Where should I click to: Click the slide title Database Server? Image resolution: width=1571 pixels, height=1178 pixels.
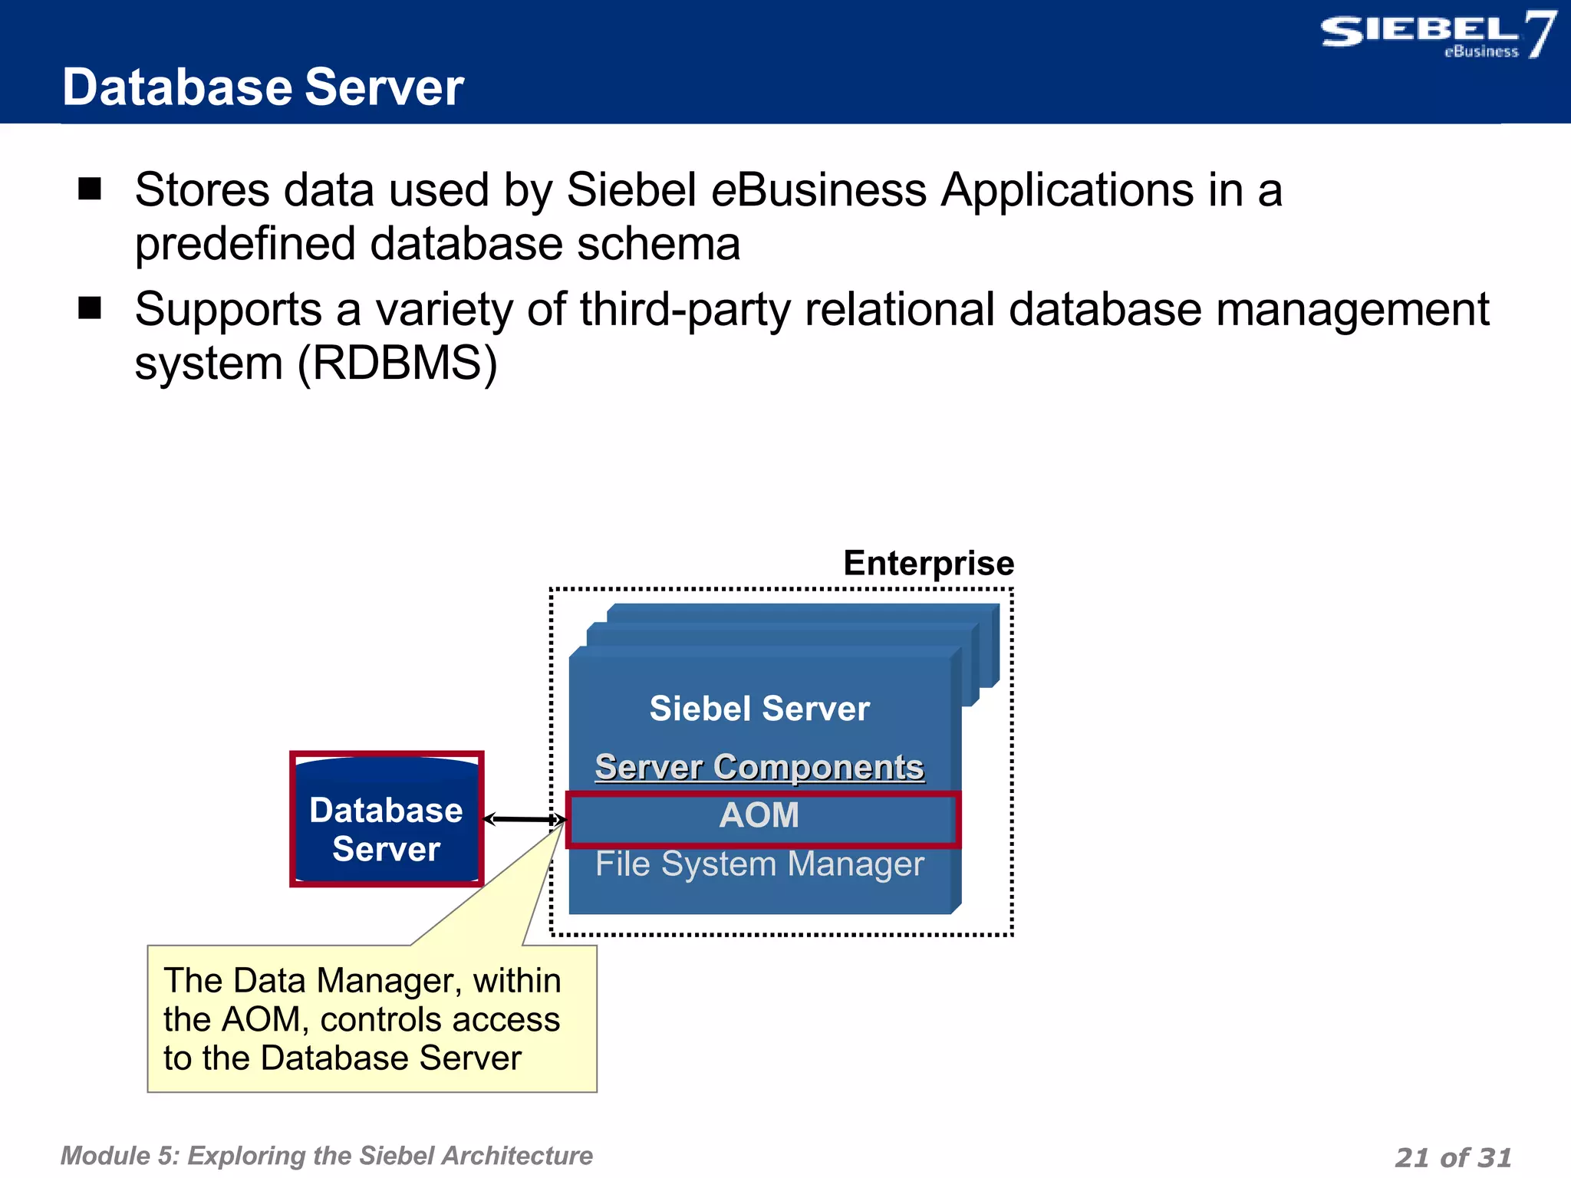262,87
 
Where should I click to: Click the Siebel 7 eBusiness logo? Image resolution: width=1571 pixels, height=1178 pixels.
1436,35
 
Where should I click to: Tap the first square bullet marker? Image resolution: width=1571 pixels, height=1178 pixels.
90,189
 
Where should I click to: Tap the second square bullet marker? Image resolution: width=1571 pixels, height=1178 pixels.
90,308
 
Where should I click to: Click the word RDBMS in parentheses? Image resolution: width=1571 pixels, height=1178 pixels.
397,363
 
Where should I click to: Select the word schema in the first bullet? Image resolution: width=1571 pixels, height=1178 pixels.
657,245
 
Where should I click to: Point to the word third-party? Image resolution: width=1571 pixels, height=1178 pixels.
685,310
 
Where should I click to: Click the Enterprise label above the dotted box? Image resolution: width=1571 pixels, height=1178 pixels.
928,563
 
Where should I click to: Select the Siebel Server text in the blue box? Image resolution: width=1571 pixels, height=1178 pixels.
759,708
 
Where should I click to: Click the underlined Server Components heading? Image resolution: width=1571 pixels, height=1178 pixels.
759,767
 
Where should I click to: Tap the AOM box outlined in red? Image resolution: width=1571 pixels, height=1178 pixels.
759,815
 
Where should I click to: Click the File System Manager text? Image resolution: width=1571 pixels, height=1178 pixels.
759,864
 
